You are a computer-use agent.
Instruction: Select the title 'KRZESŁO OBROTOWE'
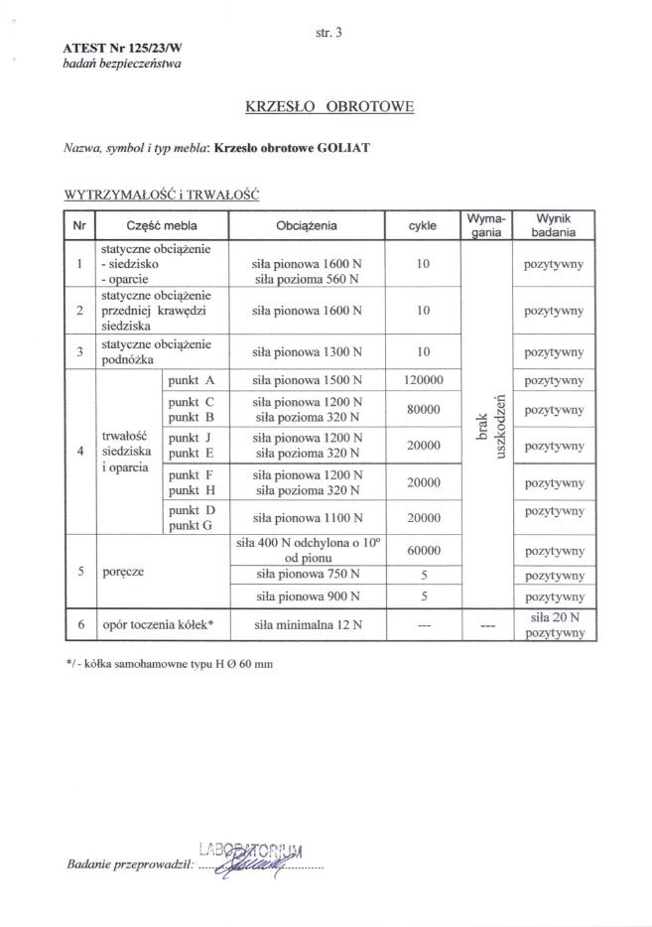pyautogui.click(x=327, y=105)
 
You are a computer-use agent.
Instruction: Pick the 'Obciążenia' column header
pyautogui.click(x=307, y=225)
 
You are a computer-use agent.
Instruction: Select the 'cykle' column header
pyautogui.click(x=423, y=225)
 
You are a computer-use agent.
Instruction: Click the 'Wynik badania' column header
pyautogui.click(x=552, y=224)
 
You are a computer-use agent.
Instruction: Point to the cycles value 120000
pyautogui.click(x=423, y=380)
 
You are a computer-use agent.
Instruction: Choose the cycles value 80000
pyautogui.click(x=423, y=409)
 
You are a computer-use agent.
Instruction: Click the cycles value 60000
pyautogui.click(x=423, y=550)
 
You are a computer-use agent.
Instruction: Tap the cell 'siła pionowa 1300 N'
pyautogui.click(x=307, y=352)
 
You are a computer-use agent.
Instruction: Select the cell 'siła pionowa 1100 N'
pyautogui.click(x=307, y=517)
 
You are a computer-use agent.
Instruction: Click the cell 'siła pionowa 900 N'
pyautogui.click(x=307, y=596)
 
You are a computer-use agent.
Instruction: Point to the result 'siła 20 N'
pyautogui.click(x=552, y=617)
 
